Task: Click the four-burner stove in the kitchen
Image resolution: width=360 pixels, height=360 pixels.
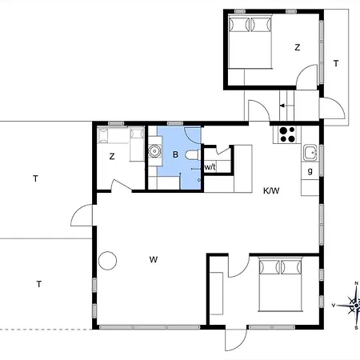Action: [x=287, y=134]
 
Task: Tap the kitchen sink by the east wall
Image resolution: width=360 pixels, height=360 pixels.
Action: [x=310, y=153]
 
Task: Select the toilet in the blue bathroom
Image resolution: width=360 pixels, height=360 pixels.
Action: [x=192, y=155]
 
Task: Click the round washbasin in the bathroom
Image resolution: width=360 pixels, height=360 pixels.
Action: [x=154, y=151]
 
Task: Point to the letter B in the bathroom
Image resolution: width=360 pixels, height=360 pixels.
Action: [x=175, y=154]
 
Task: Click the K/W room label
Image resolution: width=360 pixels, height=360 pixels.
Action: [x=271, y=190]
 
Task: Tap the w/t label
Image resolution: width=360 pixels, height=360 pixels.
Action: [x=210, y=167]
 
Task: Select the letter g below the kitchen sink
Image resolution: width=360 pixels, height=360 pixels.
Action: [x=310, y=171]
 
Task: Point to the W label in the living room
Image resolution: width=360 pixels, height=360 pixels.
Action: [x=154, y=259]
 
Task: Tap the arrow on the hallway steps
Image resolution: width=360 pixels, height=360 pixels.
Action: [x=286, y=106]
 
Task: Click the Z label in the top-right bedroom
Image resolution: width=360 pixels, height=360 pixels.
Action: [x=298, y=47]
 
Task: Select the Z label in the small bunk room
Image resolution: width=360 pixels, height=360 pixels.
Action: [x=112, y=156]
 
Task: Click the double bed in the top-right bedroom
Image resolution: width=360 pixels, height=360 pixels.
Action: [x=250, y=42]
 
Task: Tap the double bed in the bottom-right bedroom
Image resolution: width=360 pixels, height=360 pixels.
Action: [x=281, y=284]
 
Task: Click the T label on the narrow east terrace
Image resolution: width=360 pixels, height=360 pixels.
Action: [x=336, y=63]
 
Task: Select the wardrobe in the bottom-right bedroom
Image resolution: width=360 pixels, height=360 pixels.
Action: [x=216, y=294]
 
